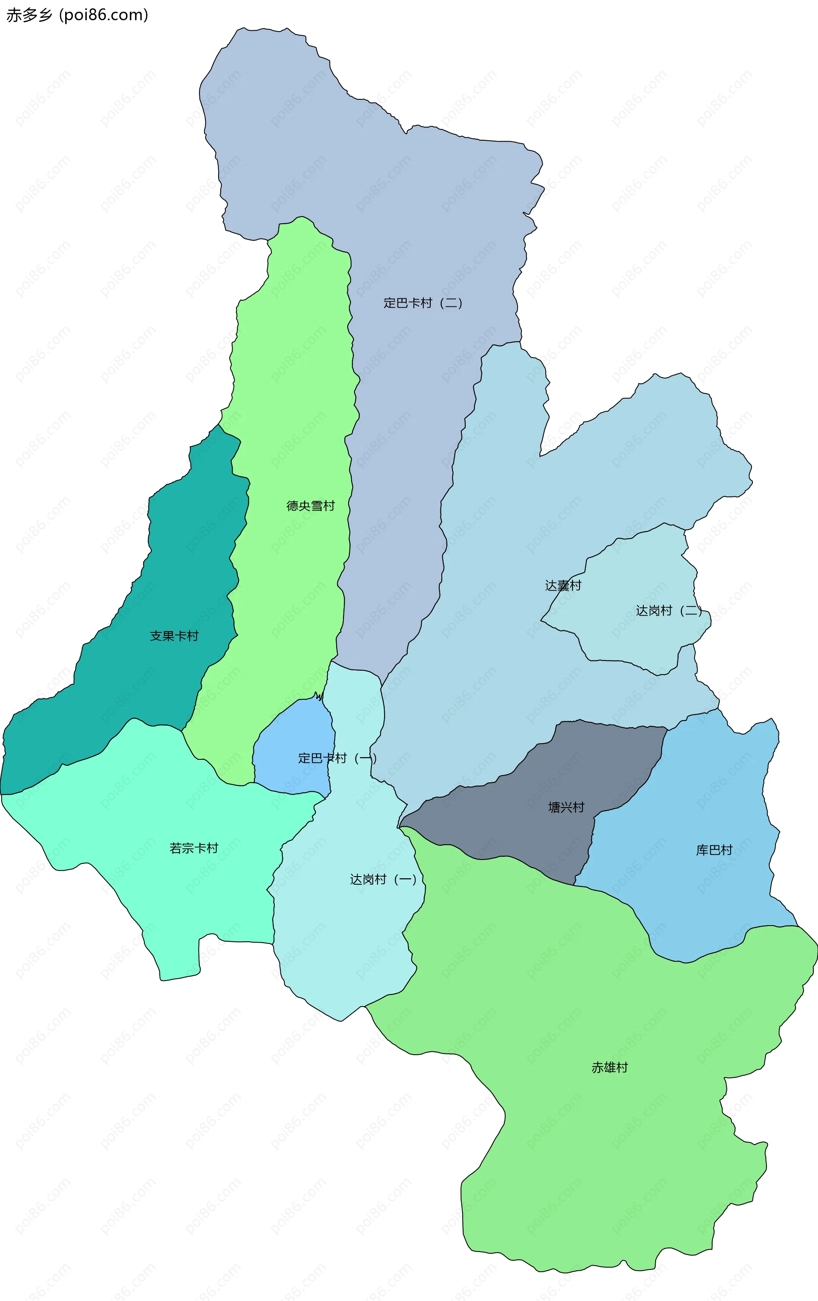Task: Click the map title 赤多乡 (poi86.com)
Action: pos(77,15)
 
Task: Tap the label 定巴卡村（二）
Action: pos(423,303)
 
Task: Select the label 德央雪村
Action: pos(311,506)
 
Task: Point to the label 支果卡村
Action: pos(174,636)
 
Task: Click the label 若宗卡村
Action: pos(194,848)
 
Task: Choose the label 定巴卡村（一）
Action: pos(337,758)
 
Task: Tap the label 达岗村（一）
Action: pos(383,880)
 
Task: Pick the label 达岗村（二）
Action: pos(669,611)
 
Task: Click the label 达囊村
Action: pos(563,586)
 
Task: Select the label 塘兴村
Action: pos(566,807)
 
